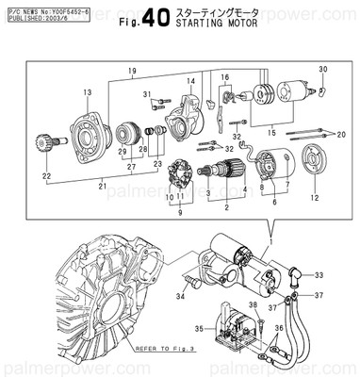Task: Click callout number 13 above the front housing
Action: coord(87,91)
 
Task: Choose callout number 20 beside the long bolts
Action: coord(340,135)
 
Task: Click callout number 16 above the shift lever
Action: coord(224,76)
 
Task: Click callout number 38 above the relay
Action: coord(252,306)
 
